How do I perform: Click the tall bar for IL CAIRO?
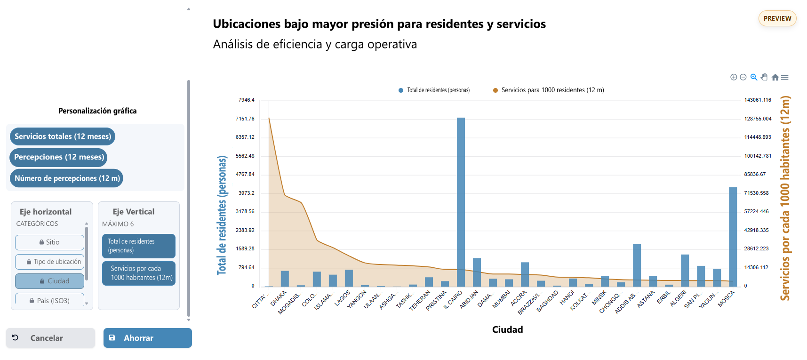click(461, 202)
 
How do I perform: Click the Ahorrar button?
click(147, 338)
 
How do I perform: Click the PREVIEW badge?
click(777, 18)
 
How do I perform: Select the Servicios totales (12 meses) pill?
click(63, 136)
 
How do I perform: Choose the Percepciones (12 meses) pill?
click(59, 157)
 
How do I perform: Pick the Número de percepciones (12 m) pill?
click(67, 178)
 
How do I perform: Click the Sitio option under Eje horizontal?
click(49, 242)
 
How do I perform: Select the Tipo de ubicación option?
click(49, 262)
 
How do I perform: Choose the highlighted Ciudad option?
click(49, 281)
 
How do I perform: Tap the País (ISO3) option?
click(49, 300)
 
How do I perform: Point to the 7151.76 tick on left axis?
click(245, 119)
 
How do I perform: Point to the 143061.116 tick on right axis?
click(757, 100)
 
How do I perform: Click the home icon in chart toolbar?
click(775, 77)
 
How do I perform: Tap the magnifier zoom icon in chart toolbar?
click(754, 77)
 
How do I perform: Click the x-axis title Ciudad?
click(507, 329)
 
